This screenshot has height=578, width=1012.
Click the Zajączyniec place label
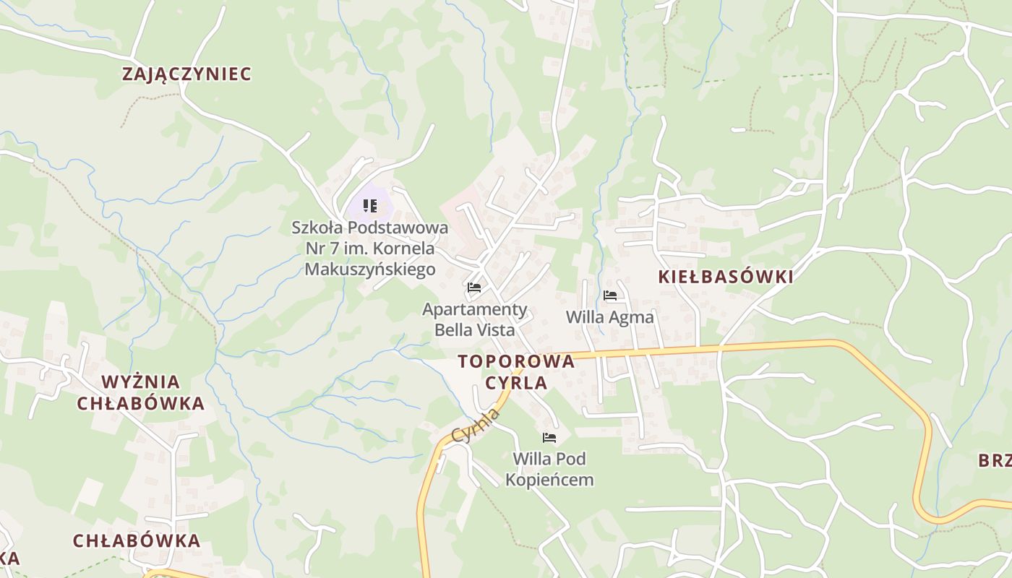pos(186,74)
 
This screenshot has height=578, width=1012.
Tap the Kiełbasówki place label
pos(726,277)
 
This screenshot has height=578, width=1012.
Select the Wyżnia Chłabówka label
pos(141,392)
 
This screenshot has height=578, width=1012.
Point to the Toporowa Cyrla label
pos(516,371)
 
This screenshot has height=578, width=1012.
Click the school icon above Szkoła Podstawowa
pos(370,206)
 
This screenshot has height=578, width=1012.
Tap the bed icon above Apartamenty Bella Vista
pos(474,288)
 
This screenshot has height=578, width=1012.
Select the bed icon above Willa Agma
pos(610,295)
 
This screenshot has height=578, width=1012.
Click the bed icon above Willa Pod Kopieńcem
pos(549,437)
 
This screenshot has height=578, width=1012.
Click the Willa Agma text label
pos(609,317)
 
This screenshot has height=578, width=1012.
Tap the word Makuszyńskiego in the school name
pos(370,269)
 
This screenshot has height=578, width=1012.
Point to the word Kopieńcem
pos(549,480)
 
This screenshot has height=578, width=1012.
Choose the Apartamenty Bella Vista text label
pos(475,319)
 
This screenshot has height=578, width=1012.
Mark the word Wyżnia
pos(141,382)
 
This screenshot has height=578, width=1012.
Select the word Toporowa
pos(516,361)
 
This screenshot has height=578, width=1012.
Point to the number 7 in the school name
pos(335,249)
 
